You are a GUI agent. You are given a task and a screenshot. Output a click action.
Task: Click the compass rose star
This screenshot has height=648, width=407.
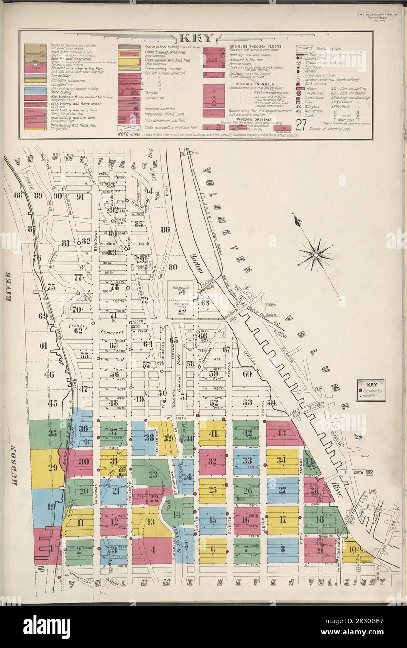point(316,255)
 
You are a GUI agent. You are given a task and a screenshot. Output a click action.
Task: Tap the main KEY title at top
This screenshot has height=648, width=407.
point(196,38)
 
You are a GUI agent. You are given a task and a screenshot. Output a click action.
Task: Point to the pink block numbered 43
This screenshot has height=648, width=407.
point(281,433)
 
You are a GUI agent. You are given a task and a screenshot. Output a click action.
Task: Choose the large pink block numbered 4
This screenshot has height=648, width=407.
point(152,550)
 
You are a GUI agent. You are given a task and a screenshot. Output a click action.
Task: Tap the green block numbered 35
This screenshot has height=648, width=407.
point(52,434)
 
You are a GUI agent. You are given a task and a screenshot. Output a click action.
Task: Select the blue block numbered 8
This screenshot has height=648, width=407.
point(283,550)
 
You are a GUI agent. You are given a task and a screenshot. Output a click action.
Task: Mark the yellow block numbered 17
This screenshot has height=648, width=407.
point(283,520)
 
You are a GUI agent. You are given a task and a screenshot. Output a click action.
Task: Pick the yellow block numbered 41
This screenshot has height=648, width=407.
point(213,433)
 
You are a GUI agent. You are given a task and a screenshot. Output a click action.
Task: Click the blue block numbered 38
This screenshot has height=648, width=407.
point(149,437)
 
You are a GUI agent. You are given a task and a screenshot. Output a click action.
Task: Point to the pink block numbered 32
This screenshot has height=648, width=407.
point(213,462)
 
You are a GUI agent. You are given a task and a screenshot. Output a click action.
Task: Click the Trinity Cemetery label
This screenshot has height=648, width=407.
point(93,331)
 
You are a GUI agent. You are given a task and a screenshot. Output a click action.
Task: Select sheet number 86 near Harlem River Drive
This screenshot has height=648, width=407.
point(165,229)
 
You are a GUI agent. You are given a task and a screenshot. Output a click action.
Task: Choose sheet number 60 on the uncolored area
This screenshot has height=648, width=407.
point(247,373)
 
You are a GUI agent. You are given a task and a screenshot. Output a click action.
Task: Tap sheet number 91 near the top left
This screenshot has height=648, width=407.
point(80,196)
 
